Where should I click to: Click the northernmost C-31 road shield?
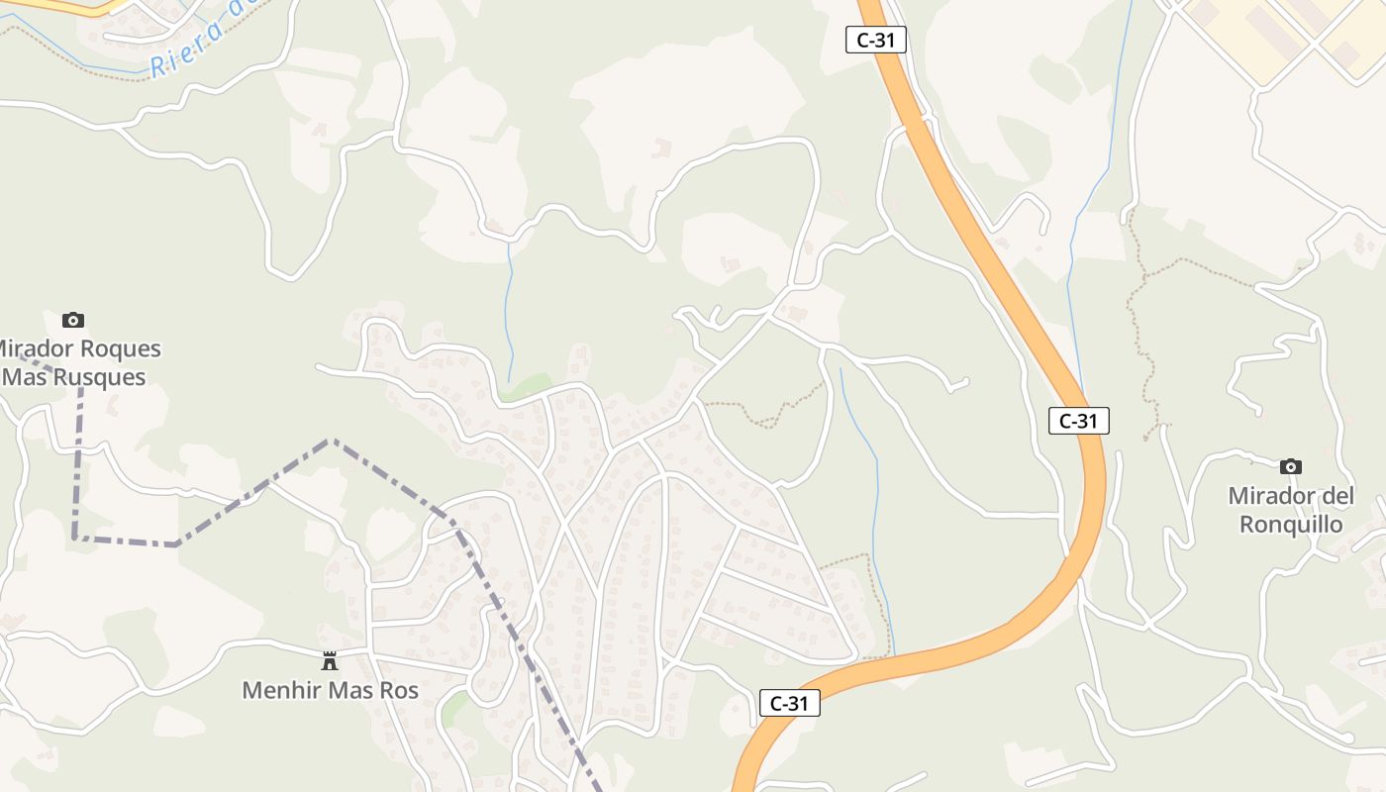coord(876,41)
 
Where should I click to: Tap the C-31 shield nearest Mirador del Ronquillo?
coord(1078,421)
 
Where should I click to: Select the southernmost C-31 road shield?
coord(789,703)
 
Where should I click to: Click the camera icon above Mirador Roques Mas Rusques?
coord(72,320)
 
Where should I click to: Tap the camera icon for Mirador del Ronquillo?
coord(1290,466)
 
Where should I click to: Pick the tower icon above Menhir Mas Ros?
coord(330,660)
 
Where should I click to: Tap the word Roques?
coord(119,349)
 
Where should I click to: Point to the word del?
coord(1336,496)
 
